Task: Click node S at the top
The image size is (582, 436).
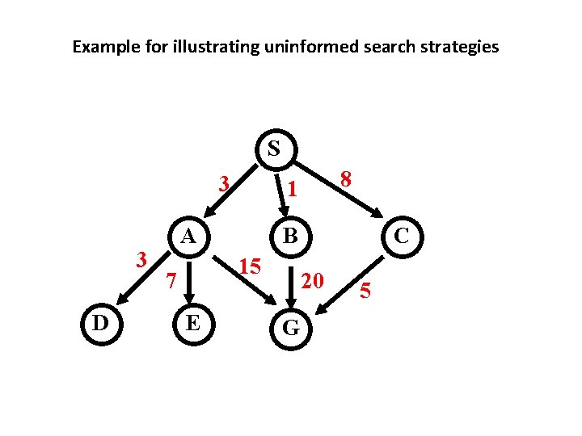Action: [x=274, y=149]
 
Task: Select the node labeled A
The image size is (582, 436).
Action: [x=188, y=237]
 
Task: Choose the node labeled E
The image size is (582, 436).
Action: [x=192, y=323]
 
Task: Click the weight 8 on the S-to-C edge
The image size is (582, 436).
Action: [x=346, y=180]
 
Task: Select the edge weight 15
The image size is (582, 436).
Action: [x=251, y=266]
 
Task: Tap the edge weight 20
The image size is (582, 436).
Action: [x=312, y=280]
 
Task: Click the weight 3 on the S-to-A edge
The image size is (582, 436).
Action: [x=226, y=184]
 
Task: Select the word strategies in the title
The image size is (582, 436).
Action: [x=458, y=47]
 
